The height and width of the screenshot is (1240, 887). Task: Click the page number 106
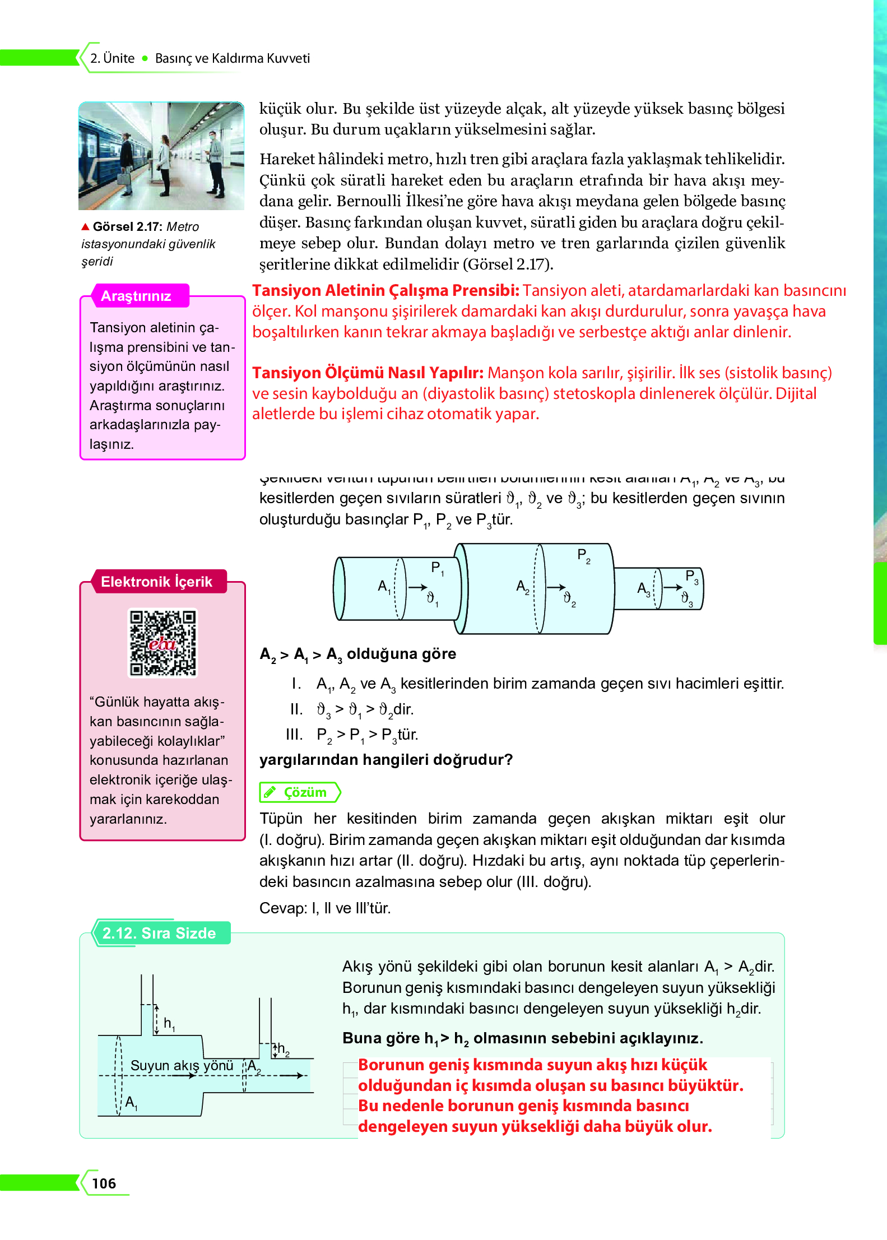click(x=104, y=1183)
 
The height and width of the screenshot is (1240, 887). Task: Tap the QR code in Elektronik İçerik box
click(x=163, y=643)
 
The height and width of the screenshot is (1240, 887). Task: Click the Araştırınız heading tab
click(x=136, y=296)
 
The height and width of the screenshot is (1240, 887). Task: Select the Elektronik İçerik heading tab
click(x=156, y=582)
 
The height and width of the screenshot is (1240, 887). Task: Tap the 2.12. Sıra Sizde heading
click(x=159, y=933)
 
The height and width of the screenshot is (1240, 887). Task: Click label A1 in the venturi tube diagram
click(x=384, y=587)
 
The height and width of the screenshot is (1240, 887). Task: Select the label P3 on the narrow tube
click(x=691, y=577)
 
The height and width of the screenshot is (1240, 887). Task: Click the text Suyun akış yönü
click(x=182, y=1065)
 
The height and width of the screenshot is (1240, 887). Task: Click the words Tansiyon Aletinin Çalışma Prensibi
click(x=386, y=290)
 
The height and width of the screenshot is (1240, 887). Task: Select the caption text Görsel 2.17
click(x=127, y=226)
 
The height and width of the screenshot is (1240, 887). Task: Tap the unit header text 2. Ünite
click(x=113, y=58)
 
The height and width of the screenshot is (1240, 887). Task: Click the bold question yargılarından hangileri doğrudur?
click(x=386, y=759)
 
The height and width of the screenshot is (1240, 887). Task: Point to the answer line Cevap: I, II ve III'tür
click(x=324, y=908)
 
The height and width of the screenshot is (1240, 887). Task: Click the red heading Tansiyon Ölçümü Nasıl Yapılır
click(x=368, y=373)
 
